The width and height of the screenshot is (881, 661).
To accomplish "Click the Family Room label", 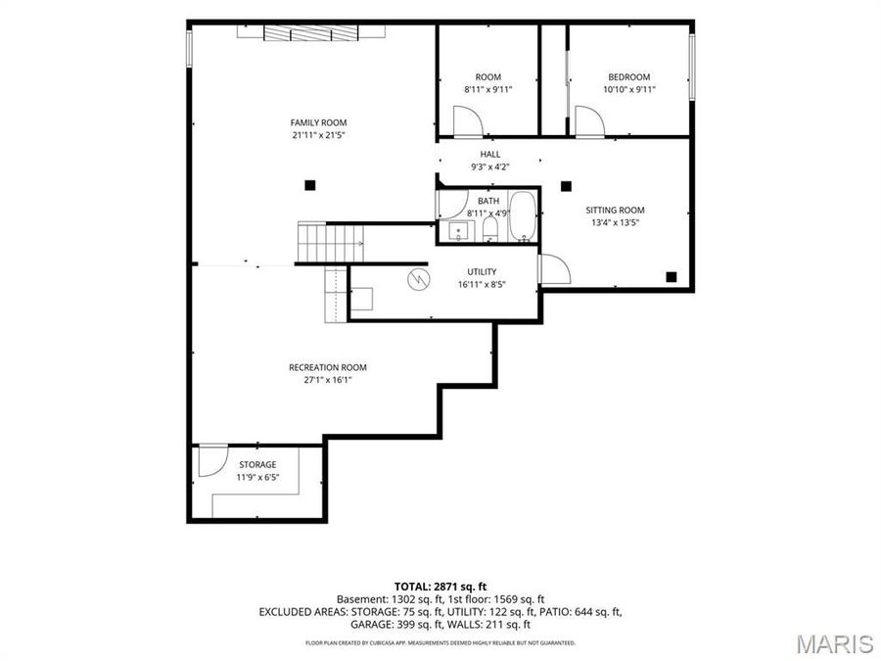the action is [x=318, y=122].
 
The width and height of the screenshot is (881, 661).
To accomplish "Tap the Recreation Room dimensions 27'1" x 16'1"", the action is [x=328, y=380].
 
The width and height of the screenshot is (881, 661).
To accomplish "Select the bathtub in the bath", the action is [x=523, y=216].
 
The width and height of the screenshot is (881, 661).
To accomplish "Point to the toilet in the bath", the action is [x=490, y=229].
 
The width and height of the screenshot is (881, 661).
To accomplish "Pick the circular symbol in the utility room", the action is [x=418, y=279].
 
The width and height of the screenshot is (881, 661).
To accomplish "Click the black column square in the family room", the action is [x=309, y=185].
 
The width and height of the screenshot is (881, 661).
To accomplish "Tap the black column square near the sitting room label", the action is [x=566, y=185].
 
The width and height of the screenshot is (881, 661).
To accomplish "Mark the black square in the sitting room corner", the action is [x=671, y=276].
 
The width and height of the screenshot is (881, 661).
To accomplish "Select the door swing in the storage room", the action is [x=213, y=461].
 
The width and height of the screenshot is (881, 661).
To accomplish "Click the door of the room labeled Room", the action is [x=468, y=122].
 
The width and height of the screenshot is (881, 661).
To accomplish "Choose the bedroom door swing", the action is [x=589, y=122].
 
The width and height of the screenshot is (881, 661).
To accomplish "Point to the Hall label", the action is [x=490, y=154].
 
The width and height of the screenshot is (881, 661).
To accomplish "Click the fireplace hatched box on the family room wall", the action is [x=310, y=33].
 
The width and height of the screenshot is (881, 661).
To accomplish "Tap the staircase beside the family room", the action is [x=331, y=243].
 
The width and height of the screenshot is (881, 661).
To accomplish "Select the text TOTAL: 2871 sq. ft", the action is [x=440, y=587].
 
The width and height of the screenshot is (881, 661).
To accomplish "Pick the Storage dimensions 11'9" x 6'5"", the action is [x=257, y=477].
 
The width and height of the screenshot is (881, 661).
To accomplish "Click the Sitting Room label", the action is [x=616, y=211].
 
